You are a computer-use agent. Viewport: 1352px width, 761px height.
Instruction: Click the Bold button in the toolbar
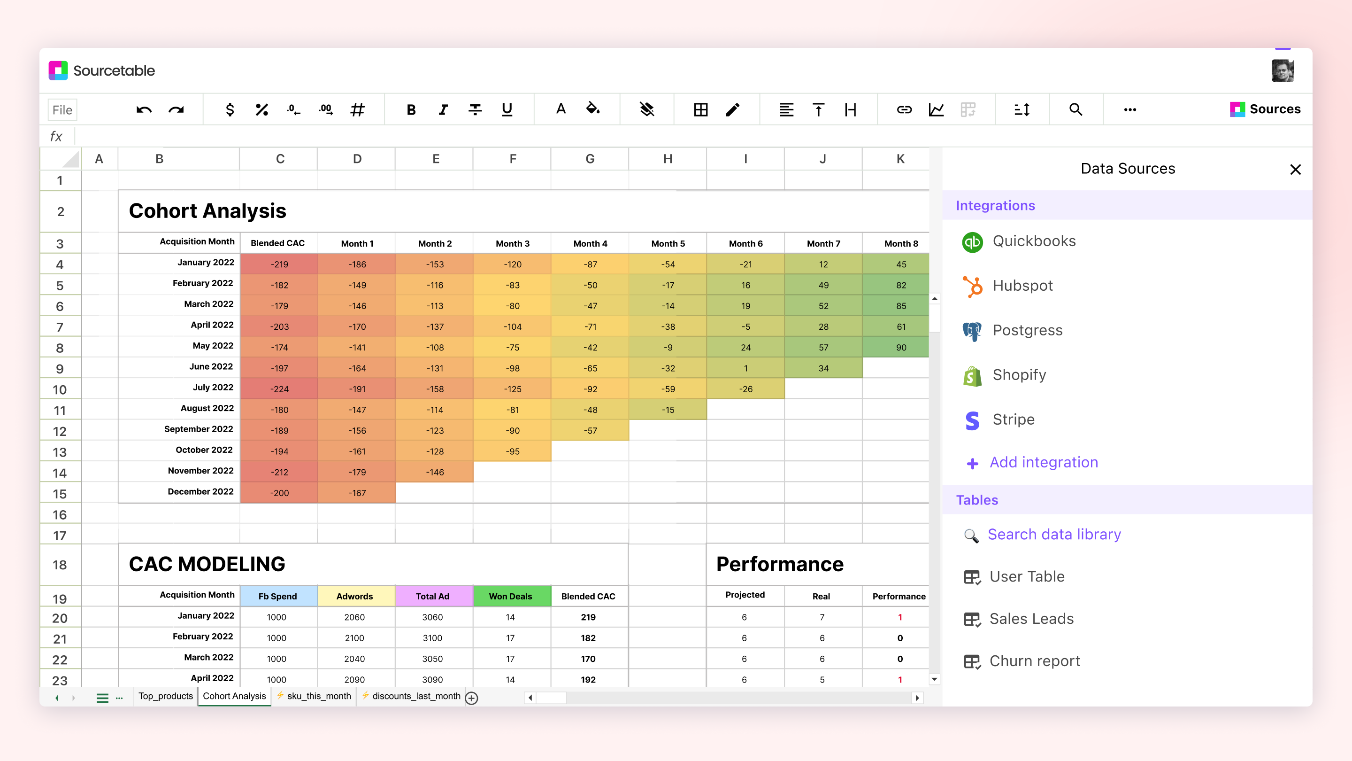tap(411, 110)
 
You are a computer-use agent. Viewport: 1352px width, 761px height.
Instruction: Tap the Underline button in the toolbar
tap(507, 110)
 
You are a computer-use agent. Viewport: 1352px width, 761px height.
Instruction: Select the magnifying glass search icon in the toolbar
tap(1075, 110)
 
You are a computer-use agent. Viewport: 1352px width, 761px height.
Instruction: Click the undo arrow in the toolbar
tap(144, 110)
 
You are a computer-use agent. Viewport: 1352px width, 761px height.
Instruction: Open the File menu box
tap(62, 110)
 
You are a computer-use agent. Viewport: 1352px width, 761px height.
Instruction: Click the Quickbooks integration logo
tap(972, 241)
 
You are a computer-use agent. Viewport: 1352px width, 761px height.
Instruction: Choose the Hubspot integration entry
tap(1022, 286)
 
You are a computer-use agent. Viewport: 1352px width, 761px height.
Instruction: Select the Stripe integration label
tap(1013, 419)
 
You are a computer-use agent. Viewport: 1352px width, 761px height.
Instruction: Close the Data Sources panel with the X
tap(1295, 169)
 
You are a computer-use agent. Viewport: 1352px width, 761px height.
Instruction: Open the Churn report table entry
tap(1034, 660)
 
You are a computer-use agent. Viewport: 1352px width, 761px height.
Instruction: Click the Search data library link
tap(1054, 534)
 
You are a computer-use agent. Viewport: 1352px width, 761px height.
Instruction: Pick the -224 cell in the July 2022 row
tap(279, 389)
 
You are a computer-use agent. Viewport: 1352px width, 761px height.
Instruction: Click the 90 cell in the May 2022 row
tap(901, 348)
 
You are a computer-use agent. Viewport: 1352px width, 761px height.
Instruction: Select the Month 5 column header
tap(668, 244)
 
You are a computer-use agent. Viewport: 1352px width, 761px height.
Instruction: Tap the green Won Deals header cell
tap(511, 596)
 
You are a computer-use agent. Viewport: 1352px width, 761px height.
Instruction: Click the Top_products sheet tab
tap(165, 696)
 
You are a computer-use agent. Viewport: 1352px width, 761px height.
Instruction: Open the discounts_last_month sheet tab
tap(415, 696)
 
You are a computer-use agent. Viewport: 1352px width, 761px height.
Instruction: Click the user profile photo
tap(1282, 71)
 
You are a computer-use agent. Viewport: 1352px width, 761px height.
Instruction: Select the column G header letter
tap(590, 159)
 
